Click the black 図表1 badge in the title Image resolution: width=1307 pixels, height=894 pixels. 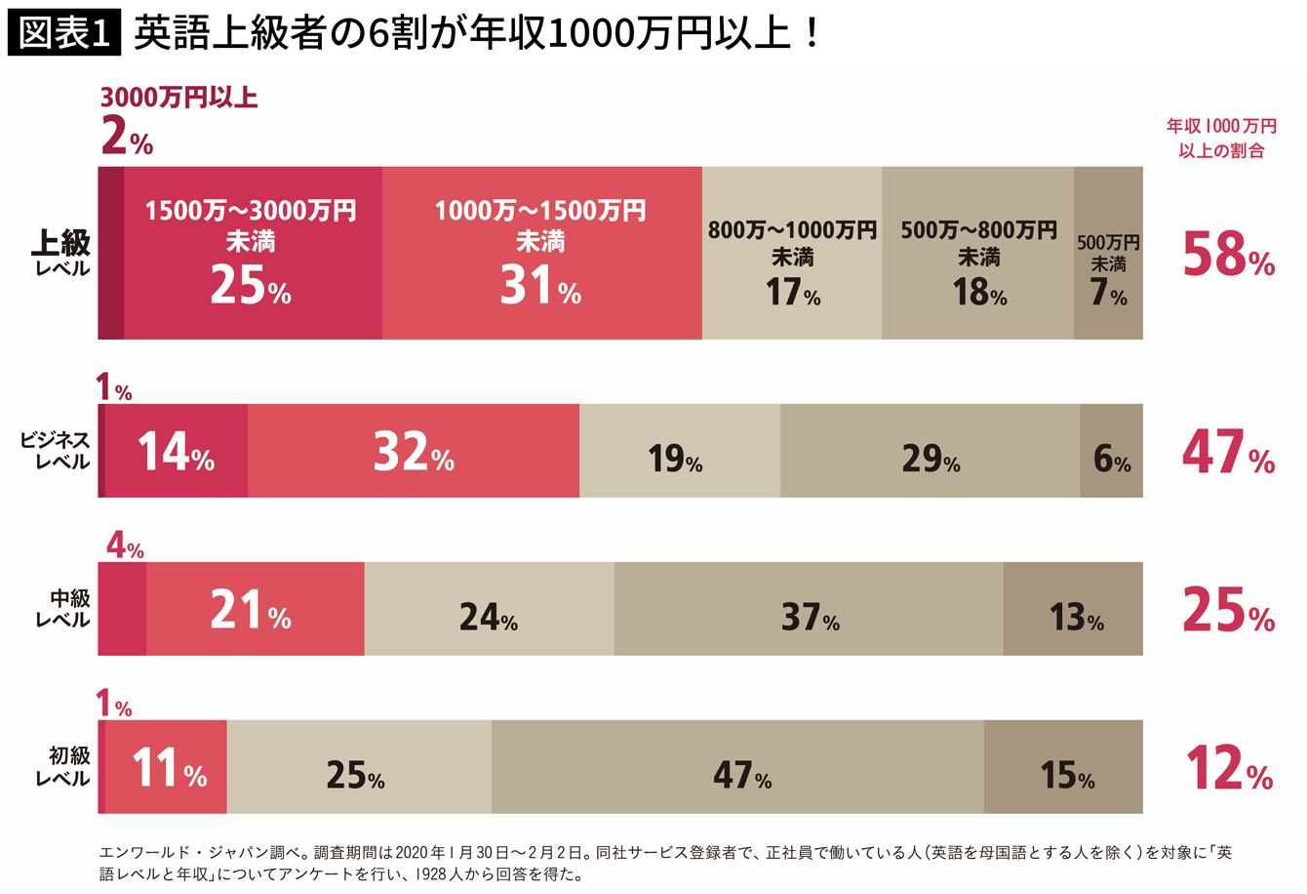[64, 33]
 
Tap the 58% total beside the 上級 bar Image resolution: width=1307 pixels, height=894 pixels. [1229, 254]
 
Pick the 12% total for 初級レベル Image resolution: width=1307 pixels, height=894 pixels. [1229, 767]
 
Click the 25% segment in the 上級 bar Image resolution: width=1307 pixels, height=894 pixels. [254, 253]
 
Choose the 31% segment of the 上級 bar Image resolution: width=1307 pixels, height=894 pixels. [542, 253]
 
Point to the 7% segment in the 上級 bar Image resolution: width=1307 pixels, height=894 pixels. [1108, 253]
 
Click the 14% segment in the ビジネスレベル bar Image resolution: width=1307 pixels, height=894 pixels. [177, 451]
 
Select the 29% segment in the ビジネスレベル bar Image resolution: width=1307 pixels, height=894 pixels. [931, 451]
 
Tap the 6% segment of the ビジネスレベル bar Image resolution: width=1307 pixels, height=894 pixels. [1112, 451]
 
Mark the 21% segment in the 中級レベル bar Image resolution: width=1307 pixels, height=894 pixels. [256, 608]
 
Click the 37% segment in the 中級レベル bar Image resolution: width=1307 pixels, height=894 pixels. [809, 608]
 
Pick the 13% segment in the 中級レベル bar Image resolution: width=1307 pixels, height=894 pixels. [1073, 608]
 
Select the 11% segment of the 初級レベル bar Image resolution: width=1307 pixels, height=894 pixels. [166, 767]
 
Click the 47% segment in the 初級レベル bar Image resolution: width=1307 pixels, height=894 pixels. [737, 767]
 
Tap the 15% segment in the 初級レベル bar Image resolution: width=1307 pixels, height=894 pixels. [1064, 767]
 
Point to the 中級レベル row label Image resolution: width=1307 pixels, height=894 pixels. [62, 608]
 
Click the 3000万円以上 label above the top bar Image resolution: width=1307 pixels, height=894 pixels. [179, 98]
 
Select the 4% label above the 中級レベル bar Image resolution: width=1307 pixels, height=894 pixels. [125, 547]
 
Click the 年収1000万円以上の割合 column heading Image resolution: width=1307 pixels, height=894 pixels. [1222, 138]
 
